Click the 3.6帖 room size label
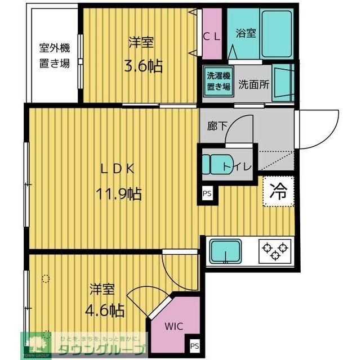143,66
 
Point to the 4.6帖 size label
105,309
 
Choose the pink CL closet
212,34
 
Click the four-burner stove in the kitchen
275,250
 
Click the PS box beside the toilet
207,194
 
